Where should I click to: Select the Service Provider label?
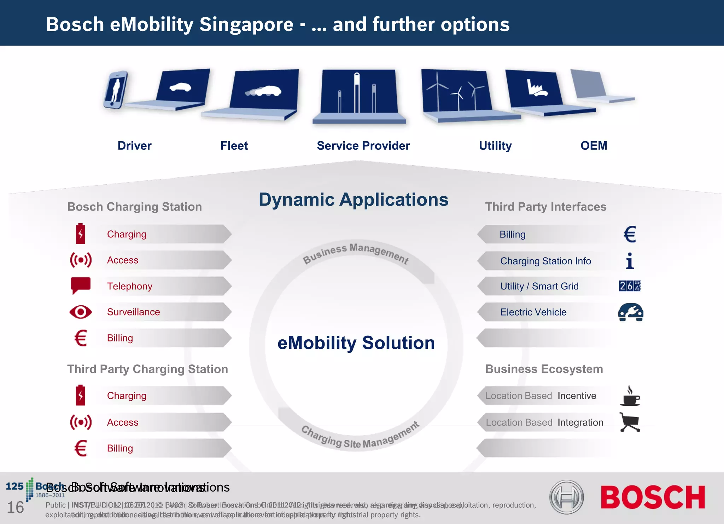[x=363, y=146]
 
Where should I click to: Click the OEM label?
[x=594, y=146]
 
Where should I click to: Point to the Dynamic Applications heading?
[x=353, y=200]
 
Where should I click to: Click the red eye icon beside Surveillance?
[x=81, y=312]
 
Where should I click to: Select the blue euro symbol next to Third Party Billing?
[x=630, y=234]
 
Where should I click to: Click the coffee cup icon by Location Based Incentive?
[x=630, y=396]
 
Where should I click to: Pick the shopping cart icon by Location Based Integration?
[x=630, y=422]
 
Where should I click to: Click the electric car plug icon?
[x=630, y=312]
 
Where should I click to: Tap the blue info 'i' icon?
[x=630, y=261]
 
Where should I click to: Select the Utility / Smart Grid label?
[x=539, y=286]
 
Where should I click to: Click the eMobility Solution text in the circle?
[x=356, y=343]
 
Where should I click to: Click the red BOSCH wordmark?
[x=653, y=497]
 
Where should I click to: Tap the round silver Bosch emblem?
[x=566, y=497]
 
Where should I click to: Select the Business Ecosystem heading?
[x=544, y=369]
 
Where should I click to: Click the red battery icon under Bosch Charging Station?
[x=81, y=234]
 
